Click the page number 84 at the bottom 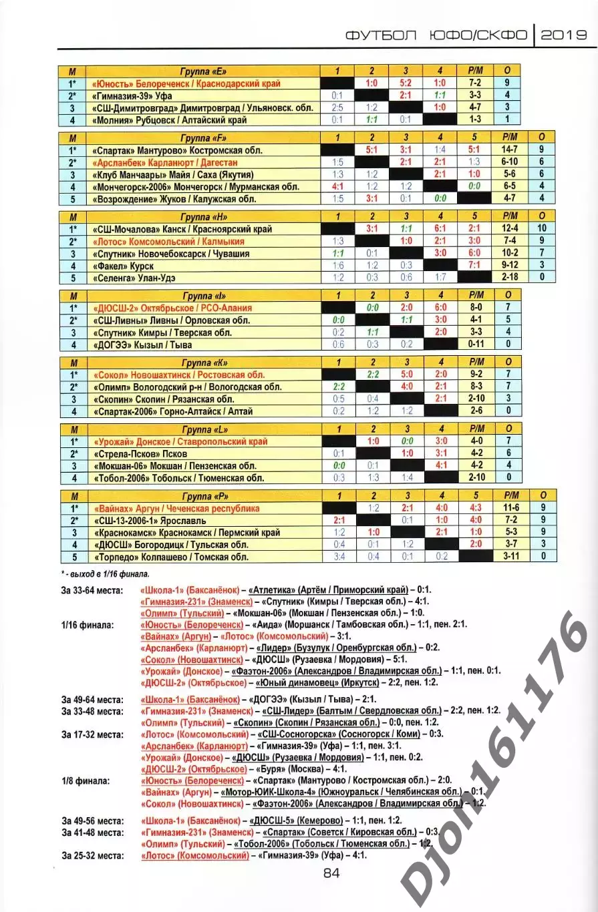(331, 873)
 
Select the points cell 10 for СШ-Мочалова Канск (543, 229)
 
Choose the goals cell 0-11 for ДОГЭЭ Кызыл (476, 344)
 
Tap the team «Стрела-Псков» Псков (140, 453)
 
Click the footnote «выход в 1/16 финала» (107, 574)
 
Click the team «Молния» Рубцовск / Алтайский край (170, 120)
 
